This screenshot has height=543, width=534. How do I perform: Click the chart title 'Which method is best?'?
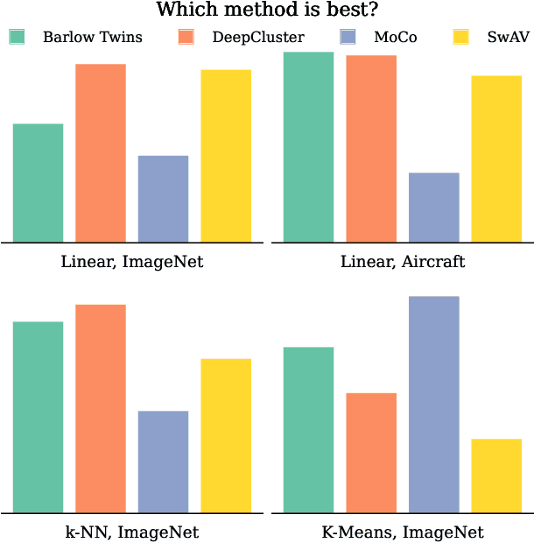click(267, 11)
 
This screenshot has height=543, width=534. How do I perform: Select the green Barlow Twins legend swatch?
click(17, 37)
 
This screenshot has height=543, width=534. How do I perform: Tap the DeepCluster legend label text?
click(258, 37)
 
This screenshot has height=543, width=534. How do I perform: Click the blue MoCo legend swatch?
click(348, 37)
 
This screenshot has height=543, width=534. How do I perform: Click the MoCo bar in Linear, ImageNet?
click(163, 199)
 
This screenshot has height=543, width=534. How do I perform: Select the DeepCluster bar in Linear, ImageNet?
click(101, 153)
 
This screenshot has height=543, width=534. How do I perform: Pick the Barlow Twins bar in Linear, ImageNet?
click(38, 183)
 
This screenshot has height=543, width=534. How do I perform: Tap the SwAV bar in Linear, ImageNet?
click(226, 156)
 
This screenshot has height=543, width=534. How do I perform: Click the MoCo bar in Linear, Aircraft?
click(433, 208)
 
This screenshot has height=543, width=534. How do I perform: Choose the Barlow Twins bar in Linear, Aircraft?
click(308, 147)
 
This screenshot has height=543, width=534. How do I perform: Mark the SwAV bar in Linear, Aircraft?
click(496, 159)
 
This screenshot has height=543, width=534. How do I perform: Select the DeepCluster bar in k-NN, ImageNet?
click(101, 408)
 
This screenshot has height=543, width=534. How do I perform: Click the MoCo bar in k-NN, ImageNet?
click(163, 462)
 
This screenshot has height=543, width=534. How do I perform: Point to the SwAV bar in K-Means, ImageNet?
click(496, 476)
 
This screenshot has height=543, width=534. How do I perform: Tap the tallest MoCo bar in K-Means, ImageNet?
click(433, 405)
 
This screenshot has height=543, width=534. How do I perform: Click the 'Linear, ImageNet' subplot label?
click(132, 262)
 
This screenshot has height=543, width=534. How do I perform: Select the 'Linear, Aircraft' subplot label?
click(403, 262)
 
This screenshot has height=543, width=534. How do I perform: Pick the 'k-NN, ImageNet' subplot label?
click(132, 532)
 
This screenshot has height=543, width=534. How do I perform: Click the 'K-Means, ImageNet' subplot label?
click(403, 532)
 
